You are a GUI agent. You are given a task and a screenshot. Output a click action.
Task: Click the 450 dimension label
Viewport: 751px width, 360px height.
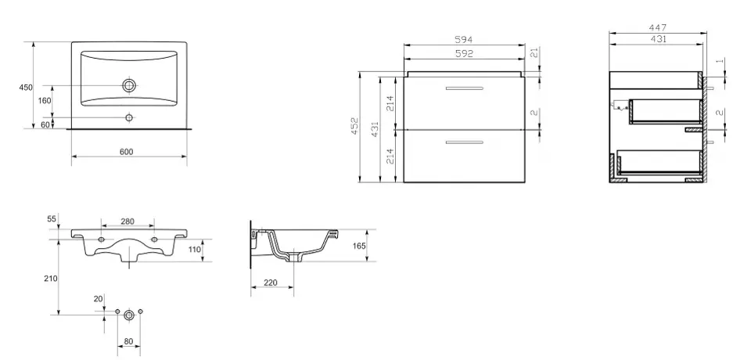tap(26, 88)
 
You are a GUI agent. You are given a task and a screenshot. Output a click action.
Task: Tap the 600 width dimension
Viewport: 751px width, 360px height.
tap(126, 152)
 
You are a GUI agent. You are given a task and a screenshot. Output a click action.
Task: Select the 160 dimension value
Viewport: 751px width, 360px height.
tap(45, 101)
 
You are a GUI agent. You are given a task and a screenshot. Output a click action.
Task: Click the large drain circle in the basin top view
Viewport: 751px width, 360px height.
tap(129, 85)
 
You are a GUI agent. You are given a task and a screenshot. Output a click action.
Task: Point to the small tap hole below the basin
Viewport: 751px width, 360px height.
tap(129, 117)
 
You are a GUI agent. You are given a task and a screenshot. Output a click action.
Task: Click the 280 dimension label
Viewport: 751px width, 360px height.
tap(128, 221)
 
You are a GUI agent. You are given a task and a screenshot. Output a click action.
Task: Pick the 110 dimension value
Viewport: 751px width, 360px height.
tap(195, 250)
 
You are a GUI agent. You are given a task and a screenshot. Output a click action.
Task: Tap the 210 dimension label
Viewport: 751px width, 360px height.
tap(51, 279)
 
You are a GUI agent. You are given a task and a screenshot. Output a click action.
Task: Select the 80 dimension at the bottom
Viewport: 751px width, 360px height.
tap(128, 342)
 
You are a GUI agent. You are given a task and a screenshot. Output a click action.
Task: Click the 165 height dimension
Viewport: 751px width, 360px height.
tap(359, 246)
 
